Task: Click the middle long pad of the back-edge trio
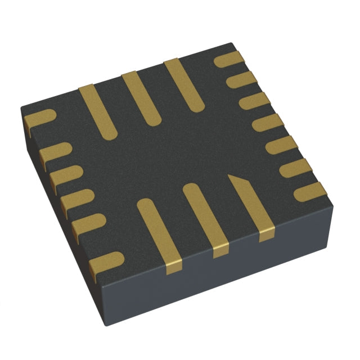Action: pos(141,98)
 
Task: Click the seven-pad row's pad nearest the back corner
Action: pos(229,59)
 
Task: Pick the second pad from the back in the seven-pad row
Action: pos(241,80)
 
